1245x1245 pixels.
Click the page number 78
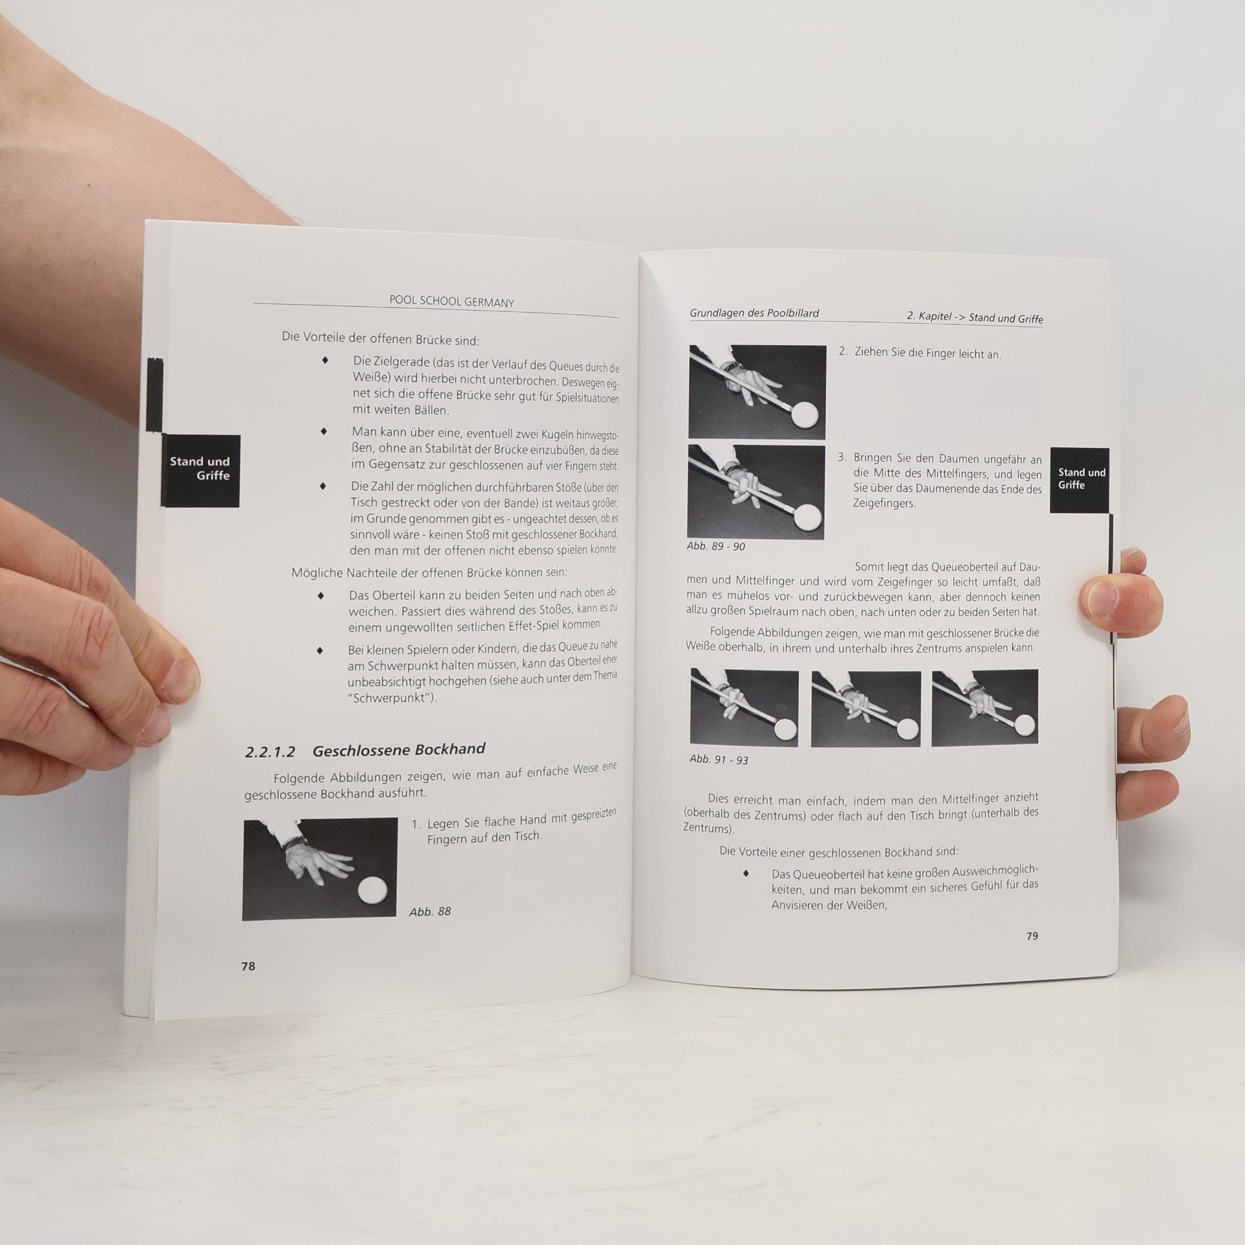coord(248,984)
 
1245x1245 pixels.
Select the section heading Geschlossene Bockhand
coord(399,750)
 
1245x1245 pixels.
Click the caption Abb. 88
coord(430,911)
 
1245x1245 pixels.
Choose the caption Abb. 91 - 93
coord(718,759)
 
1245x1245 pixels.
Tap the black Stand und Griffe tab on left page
coord(200,470)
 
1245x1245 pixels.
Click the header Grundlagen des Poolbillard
coord(754,313)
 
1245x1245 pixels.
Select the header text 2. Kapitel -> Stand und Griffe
coord(975,317)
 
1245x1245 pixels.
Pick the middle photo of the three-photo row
coord(866,707)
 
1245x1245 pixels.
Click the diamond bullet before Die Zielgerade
coord(325,359)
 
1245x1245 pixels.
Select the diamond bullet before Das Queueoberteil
coord(746,873)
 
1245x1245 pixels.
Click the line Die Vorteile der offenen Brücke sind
coord(380,339)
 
